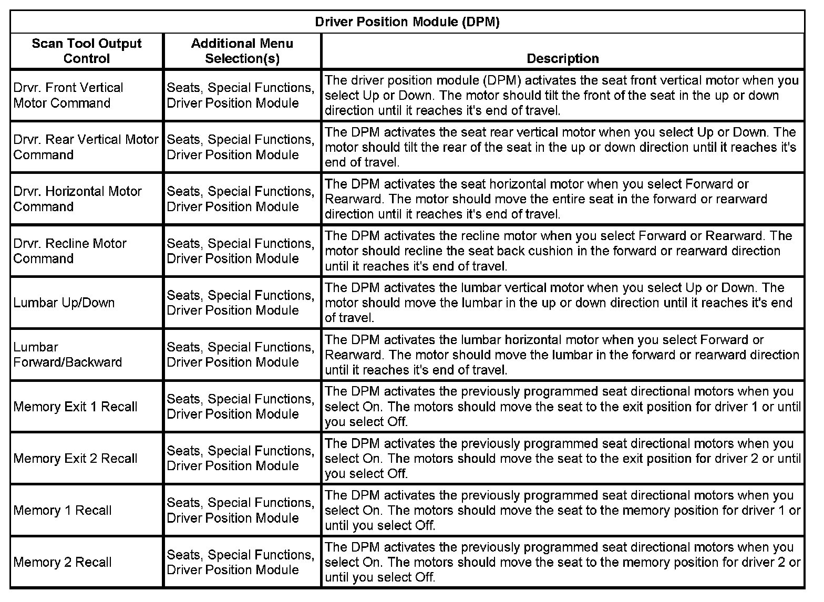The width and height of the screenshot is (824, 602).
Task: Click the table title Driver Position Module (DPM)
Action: coord(407,22)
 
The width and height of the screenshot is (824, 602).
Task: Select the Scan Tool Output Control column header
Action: coord(87,51)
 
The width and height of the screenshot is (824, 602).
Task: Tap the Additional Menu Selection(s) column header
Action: coord(242,51)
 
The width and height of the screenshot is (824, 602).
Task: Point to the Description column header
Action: coord(562,58)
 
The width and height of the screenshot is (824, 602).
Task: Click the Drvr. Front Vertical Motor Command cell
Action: coord(68,95)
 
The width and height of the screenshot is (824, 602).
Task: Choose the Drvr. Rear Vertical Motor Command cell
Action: coord(86,147)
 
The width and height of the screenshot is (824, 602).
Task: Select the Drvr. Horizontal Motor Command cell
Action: coord(77,199)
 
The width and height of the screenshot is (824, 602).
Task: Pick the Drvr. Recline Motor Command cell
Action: coord(70,251)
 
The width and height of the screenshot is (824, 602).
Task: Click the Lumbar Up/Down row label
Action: coord(64,303)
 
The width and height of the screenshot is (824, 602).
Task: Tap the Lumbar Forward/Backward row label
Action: coord(67,355)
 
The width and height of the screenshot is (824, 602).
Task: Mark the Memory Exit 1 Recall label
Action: coord(75,407)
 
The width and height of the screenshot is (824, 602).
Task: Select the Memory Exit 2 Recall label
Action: coord(75,459)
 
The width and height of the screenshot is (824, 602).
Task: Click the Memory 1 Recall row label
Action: coord(63,510)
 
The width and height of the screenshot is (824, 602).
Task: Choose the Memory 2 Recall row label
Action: coord(63,562)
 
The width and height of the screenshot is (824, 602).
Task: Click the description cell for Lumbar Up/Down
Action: coord(562,303)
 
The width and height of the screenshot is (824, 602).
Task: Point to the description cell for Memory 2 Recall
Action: coord(562,562)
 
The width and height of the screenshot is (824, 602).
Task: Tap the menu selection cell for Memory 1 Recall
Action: coord(241,510)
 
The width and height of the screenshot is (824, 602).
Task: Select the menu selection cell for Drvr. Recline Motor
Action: coord(241,251)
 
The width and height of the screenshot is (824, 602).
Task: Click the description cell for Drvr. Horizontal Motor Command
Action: coord(562,199)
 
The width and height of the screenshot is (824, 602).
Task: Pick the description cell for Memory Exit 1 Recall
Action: coord(562,407)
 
